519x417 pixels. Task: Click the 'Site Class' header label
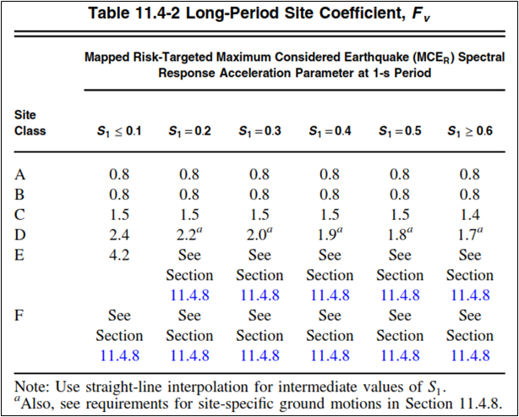30,123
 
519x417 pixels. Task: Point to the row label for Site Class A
21,175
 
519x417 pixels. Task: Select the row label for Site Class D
21,235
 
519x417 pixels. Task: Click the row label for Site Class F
20,315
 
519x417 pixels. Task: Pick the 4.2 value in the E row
119,255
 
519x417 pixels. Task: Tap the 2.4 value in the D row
119,235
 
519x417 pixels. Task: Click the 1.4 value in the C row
469,215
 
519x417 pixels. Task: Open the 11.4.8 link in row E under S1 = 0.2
189,295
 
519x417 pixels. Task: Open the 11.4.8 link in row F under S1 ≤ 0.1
119,355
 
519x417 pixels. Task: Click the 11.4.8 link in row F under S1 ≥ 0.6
469,355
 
